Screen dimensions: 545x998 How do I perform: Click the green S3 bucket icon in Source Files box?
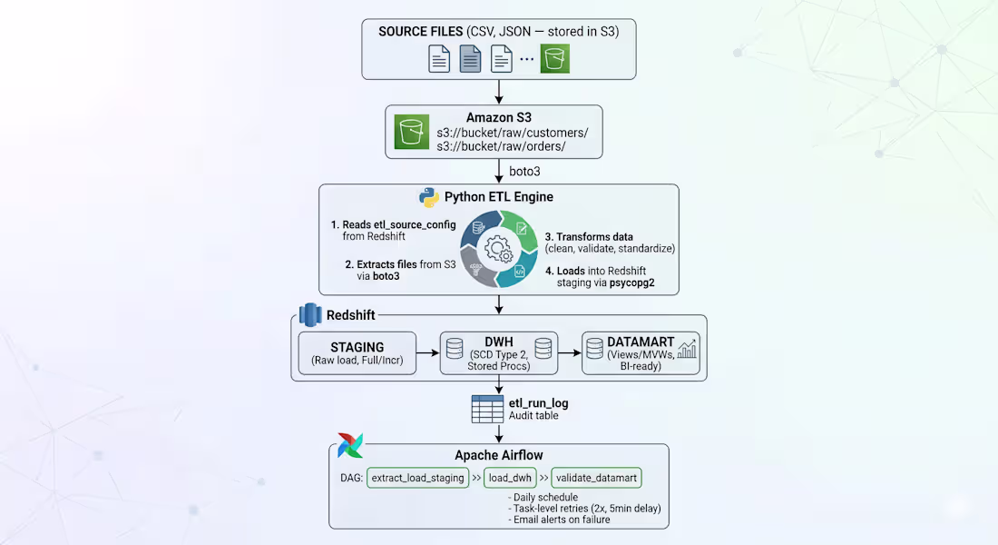(x=555, y=59)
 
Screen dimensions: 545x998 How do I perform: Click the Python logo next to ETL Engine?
(x=428, y=197)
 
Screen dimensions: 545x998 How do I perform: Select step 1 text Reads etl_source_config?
(x=393, y=224)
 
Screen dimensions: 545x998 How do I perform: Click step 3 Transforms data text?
(x=589, y=237)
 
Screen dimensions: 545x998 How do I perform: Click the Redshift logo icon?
(x=310, y=314)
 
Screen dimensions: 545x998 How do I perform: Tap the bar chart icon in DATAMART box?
(x=687, y=350)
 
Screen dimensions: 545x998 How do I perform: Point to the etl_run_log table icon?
(x=487, y=409)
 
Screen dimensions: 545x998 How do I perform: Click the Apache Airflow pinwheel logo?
(x=349, y=446)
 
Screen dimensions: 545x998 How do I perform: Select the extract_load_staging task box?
(x=416, y=478)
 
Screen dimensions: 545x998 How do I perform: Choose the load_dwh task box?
(x=510, y=478)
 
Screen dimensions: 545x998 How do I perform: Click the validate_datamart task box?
(x=597, y=478)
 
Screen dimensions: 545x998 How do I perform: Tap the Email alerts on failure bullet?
(x=559, y=520)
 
